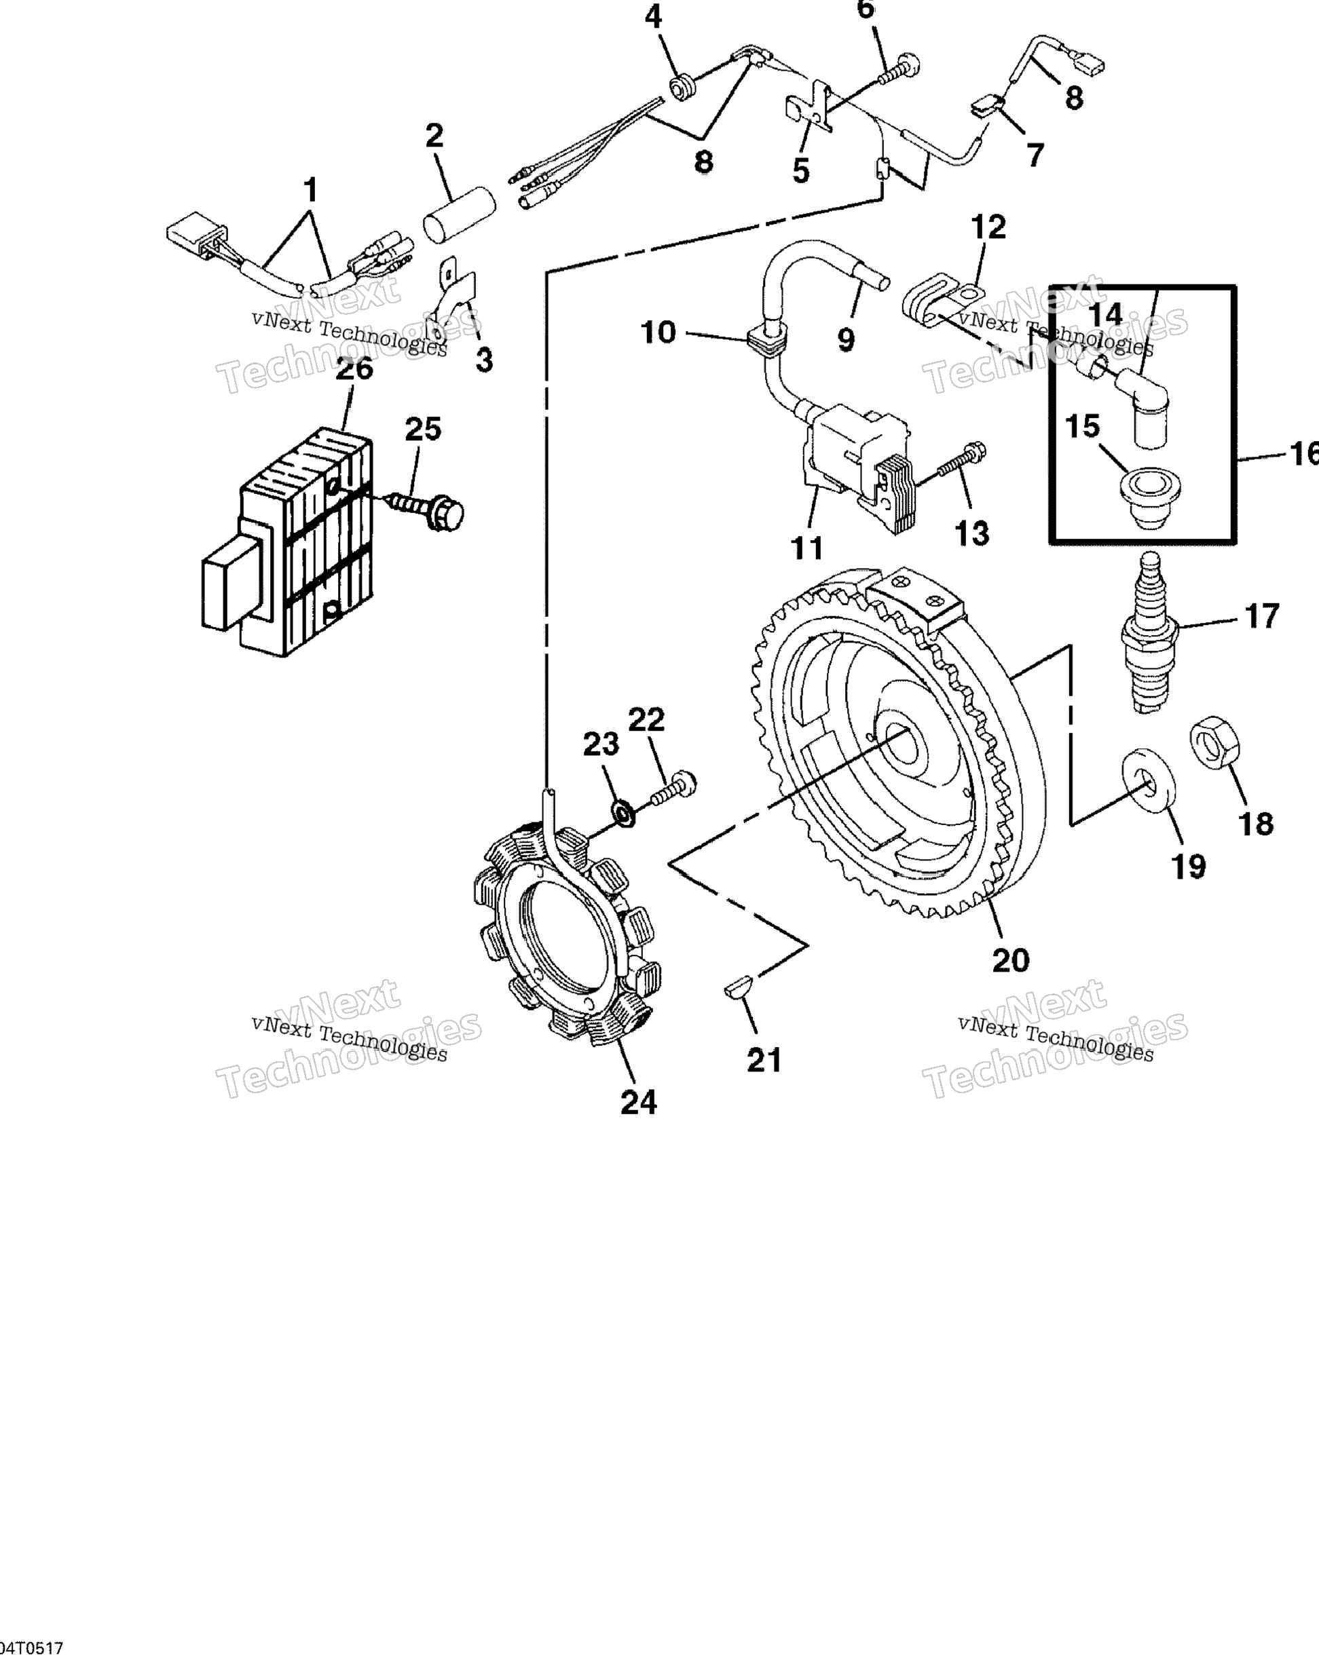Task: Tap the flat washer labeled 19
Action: pyautogui.click(x=1148, y=780)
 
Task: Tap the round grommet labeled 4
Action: pyautogui.click(x=681, y=88)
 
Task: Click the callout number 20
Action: pyautogui.click(x=1010, y=959)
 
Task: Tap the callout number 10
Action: pyautogui.click(x=658, y=332)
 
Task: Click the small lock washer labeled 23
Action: pyautogui.click(x=623, y=813)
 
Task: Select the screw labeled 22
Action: pyautogui.click(x=673, y=789)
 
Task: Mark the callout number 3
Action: pyautogui.click(x=484, y=359)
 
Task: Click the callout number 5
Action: pyautogui.click(x=801, y=170)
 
